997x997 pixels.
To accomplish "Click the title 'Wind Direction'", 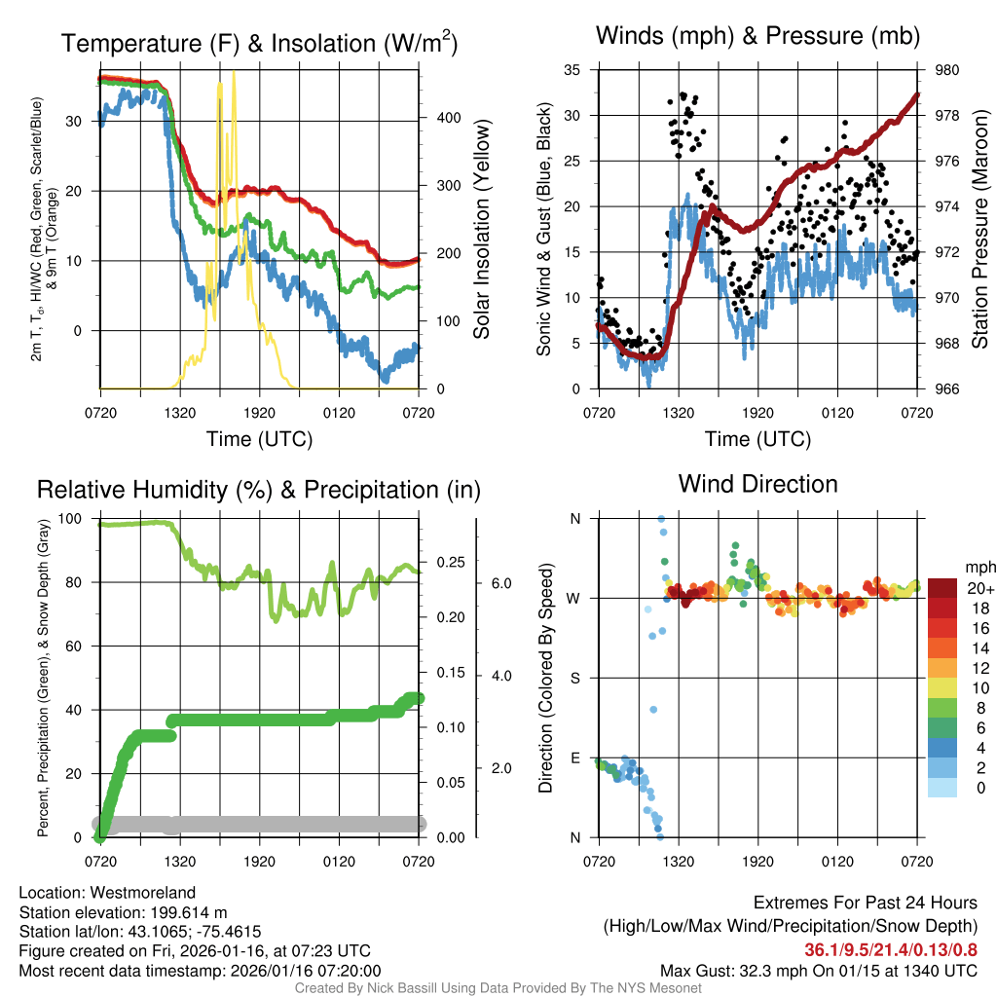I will click(x=757, y=484).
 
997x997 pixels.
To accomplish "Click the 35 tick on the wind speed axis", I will click(x=572, y=70).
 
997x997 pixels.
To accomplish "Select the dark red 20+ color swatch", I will click(x=942, y=589).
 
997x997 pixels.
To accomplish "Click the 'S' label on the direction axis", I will click(x=574, y=678).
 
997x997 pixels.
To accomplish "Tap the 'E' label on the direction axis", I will click(x=574, y=757).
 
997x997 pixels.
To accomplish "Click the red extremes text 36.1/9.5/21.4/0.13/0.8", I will click(x=890, y=950).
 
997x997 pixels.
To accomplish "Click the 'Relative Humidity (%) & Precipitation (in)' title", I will click(x=258, y=489).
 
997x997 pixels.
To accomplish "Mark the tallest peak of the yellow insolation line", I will click(x=220, y=86).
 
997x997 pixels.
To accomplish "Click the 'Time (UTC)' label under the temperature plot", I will click(x=259, y=439).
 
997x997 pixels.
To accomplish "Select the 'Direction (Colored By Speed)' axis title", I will click(x=546, y=678).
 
